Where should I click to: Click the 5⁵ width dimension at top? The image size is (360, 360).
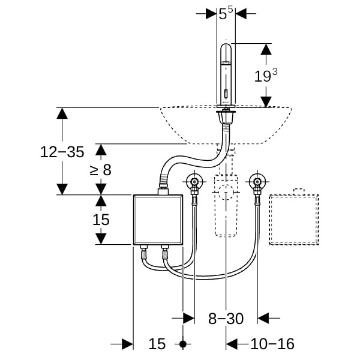click(x=226, y=13)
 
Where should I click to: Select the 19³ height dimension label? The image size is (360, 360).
click(x=265, y=76)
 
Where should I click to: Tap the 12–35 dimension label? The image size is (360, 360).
click(x=62, y=152)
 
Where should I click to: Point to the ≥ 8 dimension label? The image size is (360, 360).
click(x=101, y=170)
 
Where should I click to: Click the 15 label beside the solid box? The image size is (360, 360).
click(x=101, y=220)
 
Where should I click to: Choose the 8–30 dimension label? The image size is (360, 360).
click(x=226, y=319)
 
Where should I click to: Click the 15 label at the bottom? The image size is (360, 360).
click(x=157, y=344)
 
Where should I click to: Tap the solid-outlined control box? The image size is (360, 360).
click(x=157, y=220)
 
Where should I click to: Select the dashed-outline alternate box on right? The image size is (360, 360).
click(x=295, y=220)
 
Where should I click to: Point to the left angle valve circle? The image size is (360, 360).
click(x=194, y=181)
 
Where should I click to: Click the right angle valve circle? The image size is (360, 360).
click(x=258, y=181)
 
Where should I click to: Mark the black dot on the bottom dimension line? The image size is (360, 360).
click(x=184, y=344)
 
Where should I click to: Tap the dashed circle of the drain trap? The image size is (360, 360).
click(x=226, y=193)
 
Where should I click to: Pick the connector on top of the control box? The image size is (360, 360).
click(x=162, y=191)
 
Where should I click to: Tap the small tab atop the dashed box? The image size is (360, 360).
click(x=298, y=191)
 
